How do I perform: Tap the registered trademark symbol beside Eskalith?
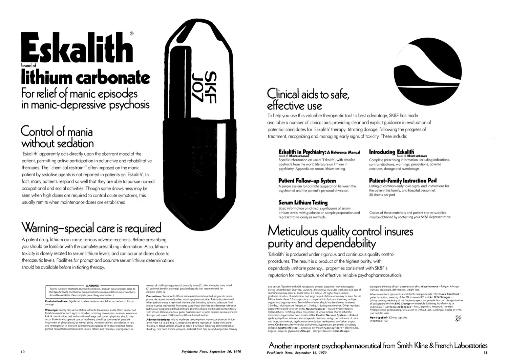tap(132, 34)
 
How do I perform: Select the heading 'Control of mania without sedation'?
tap(57, 137)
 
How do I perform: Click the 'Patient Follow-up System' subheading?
tap(307, 181)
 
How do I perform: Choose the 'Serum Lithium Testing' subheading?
tap(303, 203)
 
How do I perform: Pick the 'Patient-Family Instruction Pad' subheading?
tap(403, 180)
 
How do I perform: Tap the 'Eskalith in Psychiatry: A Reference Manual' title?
tap(319, 152)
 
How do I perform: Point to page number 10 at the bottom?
tap(23, 352)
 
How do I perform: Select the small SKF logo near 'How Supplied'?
tap(459, 318)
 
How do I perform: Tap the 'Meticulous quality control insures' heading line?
tap(340, 232)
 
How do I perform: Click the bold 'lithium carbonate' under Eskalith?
tap(85, 78)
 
